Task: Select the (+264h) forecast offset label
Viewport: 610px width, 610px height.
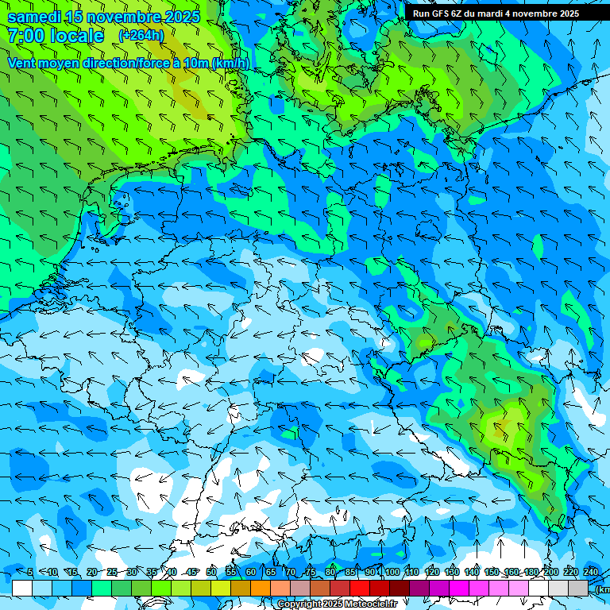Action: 141,35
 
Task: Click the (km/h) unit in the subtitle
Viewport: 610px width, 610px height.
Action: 229,64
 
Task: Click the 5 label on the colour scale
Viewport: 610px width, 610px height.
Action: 30,573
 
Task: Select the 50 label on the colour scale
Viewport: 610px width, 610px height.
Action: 210,573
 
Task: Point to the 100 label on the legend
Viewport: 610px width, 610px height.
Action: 392,573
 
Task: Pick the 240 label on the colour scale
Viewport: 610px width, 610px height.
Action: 591,573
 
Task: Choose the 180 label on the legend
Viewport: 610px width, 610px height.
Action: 531,573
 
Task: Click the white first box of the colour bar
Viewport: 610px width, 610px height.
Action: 21,588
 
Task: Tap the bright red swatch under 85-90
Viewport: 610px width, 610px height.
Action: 360,588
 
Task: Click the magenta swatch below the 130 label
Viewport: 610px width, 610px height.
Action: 459,588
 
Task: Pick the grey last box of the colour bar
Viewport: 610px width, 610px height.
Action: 578,588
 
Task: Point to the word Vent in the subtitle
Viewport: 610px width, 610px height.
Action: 21,64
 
